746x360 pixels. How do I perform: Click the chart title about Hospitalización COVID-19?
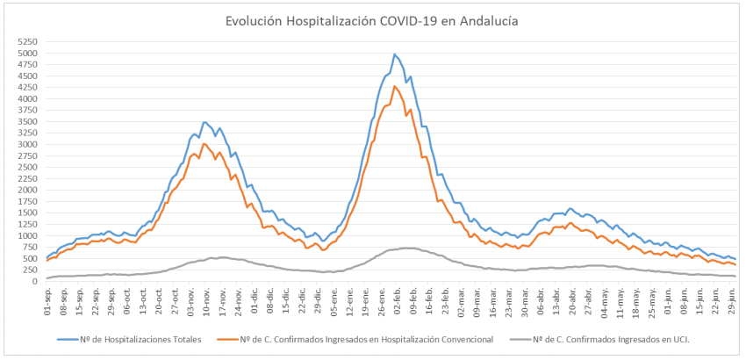tap(372, 19)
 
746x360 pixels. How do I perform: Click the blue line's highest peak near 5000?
tap(394, 54)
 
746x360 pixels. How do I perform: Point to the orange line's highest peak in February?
tap(395, 86)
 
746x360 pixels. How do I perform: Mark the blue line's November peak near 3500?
tap(204, 122)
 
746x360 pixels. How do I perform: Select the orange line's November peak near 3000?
tap(204, 143)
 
